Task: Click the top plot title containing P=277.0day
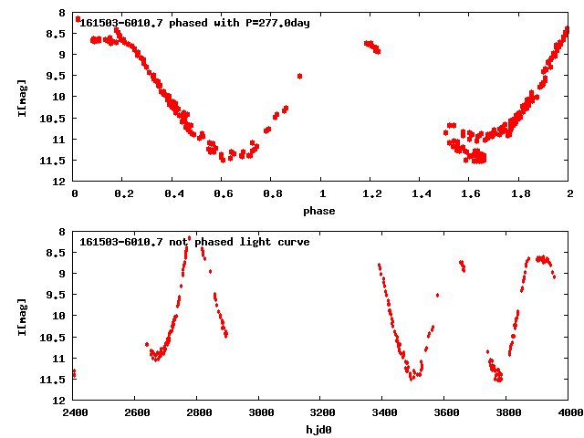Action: click(x=194, y=23)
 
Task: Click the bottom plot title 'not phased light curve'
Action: click(x=194, y=242)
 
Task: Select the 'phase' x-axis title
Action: click(x=321, y=211)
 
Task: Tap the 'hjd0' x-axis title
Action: click(x=321, y=430)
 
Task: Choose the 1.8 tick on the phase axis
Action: click(x=520, y=193)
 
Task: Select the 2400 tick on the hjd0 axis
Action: click(x=74, y=412)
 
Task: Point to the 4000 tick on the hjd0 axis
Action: click(x=569, y=412)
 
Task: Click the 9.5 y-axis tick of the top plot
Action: click(x=59, y=76)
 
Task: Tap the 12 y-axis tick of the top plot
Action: click(x=62, y=181)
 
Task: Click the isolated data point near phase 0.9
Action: click(x=299, y=76)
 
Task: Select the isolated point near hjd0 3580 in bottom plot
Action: click(x=438, y=295)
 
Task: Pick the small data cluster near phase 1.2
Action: click(x=372, y=47)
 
